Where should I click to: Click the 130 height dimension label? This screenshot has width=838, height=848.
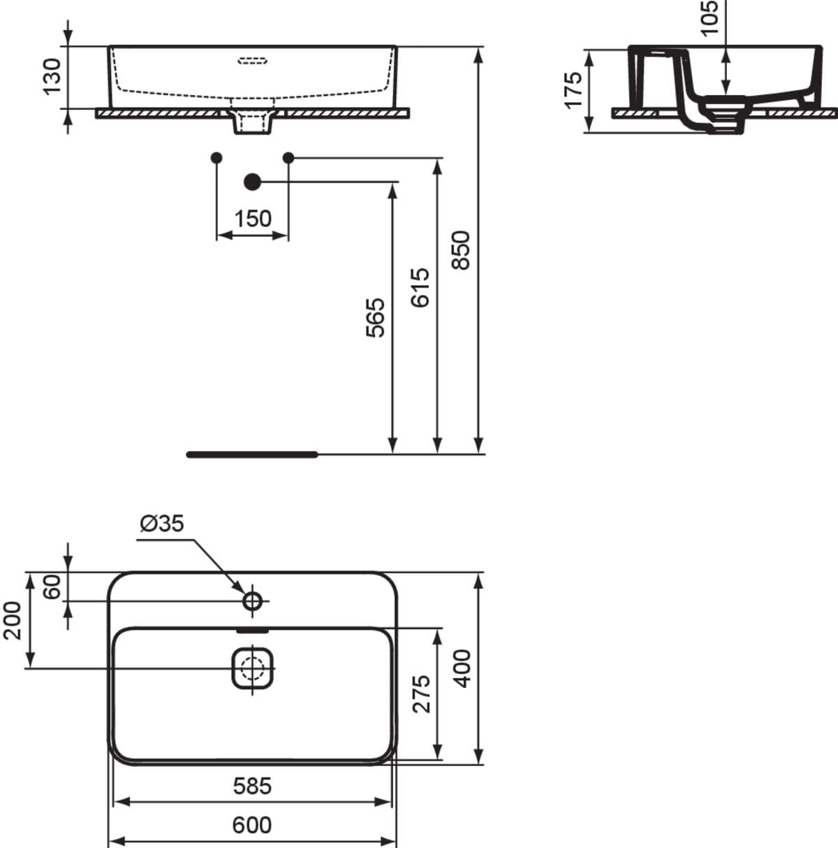pyautogui.click(x=52, y=76)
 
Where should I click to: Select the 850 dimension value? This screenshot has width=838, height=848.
pyautogui.click(x=461, y=250)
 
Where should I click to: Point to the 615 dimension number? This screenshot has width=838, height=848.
pyautogui.click(x=420, y=287)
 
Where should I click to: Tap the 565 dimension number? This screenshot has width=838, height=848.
pyautogui.click(x=376, y=318)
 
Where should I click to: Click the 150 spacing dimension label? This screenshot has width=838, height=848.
pyautogui.click(x=253, y=219)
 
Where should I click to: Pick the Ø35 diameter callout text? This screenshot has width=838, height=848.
pyautogui.click(x=162, y=524)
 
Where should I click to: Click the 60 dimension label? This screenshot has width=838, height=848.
pyautogui.click(x=52, y=587)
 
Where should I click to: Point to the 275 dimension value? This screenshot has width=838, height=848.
pyautogui.click(x=422, y=694)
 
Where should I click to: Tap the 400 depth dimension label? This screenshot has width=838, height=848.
pyautogui.click(x=462, y=668)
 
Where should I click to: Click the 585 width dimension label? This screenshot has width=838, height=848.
pyautogui.click(x=252, y=786)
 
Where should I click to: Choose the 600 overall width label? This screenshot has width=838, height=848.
pyautogui.click(x=252, y=825)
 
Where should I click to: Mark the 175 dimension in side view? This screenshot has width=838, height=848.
pyautogui.click(x=573, y=91)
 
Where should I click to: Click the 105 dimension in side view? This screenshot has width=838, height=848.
pyautogui.click(x=710, y=17)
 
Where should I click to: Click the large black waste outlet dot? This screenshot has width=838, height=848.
pyautogui.click(x=252, y=181)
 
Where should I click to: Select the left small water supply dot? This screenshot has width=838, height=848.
pyautogui.click(x=216, y=157)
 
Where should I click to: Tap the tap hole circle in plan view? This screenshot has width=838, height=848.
pyautogui.click(x=253, y=601)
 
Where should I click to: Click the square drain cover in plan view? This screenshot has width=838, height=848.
pyautogui.click(x=252, y=668)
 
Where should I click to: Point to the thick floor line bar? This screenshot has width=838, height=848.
pyautogui.click(x=252, y=454)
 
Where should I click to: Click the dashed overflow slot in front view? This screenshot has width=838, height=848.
pyautogui.click(x=252, y=61)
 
